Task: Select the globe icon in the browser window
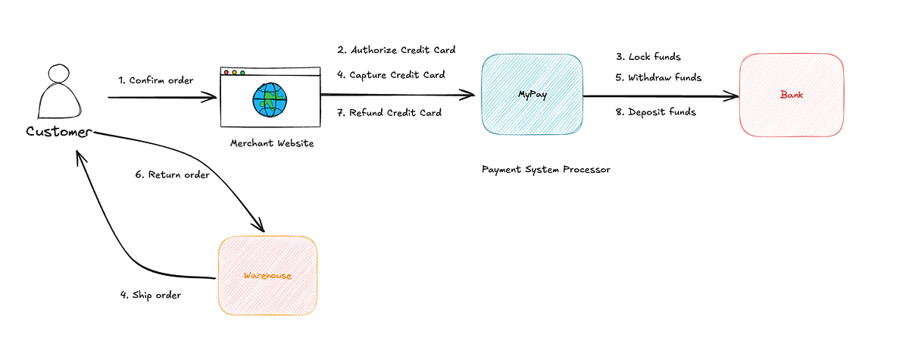click(270, 99)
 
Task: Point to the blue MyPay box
click(531, 95)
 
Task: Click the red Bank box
click(791, 95)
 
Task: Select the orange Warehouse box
click(267, 275)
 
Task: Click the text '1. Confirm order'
click(156, 80)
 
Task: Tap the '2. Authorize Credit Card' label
click(396, 50)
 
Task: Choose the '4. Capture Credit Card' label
click(391, 75)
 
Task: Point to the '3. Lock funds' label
click(648, 57)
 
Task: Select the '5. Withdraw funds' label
click(658, 77)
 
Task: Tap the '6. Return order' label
click(173, 174)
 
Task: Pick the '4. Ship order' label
click(150, 295)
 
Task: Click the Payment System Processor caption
click(545, 169)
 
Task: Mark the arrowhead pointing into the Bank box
click(733, 96)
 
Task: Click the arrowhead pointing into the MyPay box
click(470, 95)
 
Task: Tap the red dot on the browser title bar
click(226, 73)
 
